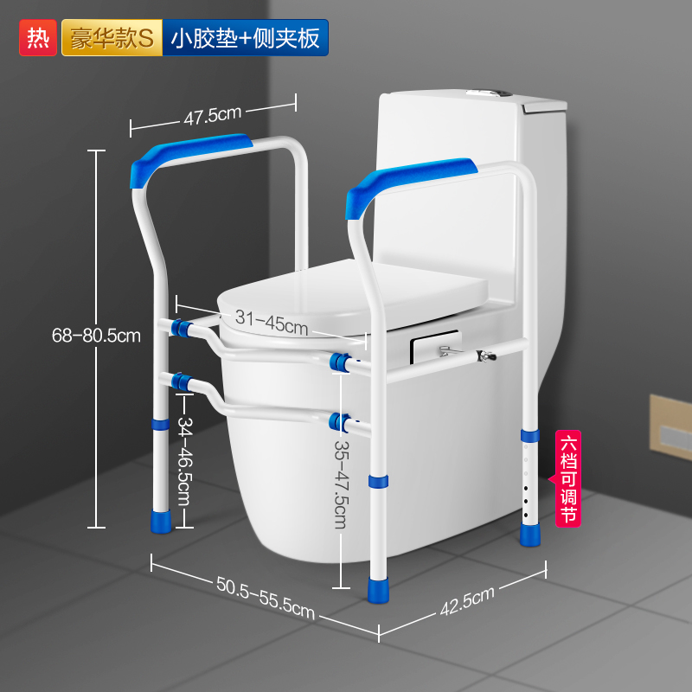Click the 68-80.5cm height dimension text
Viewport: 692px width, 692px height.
[x=94, y=336]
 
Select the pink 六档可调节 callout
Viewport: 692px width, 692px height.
[x=568, y=478]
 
